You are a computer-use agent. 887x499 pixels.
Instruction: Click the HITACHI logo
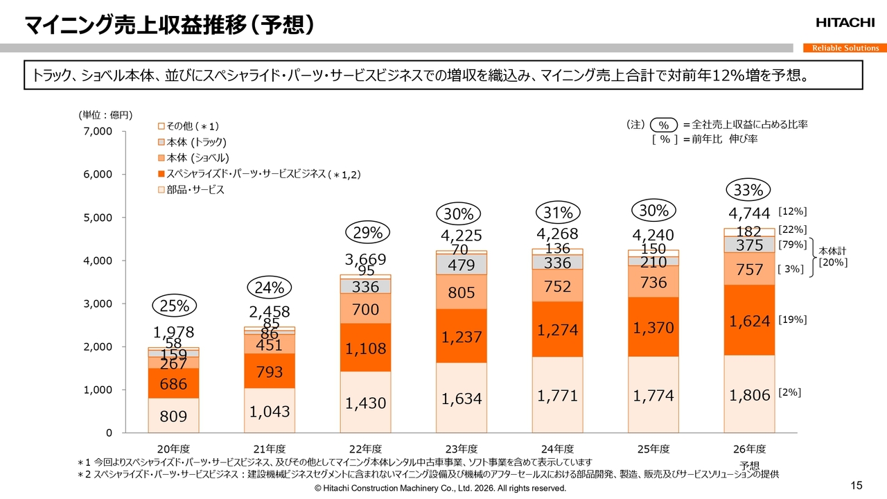pyautogui.click(x=845, y=24)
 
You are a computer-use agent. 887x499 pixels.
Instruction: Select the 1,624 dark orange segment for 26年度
pyautogui.click(x=750, y=320)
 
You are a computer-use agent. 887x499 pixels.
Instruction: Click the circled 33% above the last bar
pyautogui.click(x=748, y=190)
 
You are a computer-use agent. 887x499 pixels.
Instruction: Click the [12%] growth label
pyautogui.click(x=793, y=211)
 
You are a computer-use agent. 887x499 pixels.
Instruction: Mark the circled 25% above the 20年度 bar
pyautogui.click(x=173, y=306)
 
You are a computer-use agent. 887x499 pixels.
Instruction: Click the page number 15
pyautogui.click(x=856, y=484)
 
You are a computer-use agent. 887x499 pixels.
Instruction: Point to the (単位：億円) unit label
pyautogui.click(x=105, y=115)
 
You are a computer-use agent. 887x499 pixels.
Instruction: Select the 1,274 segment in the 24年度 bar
pyautogui.click(x=557, y=329)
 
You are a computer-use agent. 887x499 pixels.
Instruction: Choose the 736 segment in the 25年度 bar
pyautogui.click(x=653, y=282)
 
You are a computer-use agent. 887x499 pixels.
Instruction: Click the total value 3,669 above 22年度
pyautogui.click(x=366, y=260)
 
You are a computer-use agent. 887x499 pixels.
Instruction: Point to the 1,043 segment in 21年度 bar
pyautogui.click(x=270, y=410)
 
